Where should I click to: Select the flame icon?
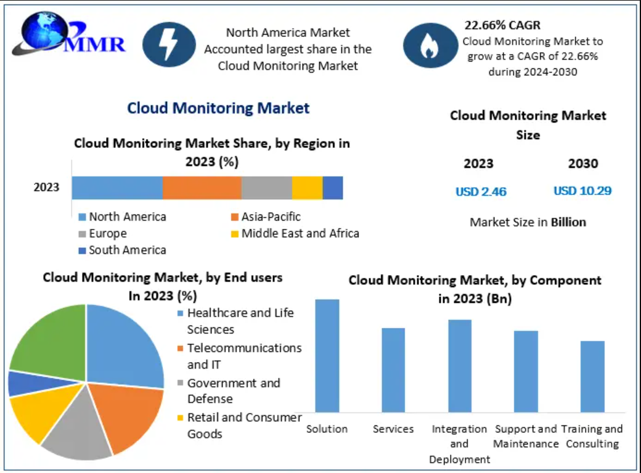(x=430, y=46)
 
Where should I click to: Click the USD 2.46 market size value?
(x=481, y=191)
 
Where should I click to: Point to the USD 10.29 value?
(x=582, y=191)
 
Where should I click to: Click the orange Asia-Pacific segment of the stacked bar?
(x=202, y=187)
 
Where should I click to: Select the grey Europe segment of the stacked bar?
(x=266, y=187)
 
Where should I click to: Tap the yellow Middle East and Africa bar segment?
(x=307, y=187)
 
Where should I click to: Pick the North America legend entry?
(x=123, y=216)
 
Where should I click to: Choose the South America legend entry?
(x=123, y=250)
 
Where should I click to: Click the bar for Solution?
(x=327, y=356)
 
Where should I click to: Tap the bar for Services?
(x=393, y=370)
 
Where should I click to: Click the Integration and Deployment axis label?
(x=459, y=444)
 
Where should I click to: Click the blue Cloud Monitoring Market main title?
(x=218, y=109)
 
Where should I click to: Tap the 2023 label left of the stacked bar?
(x=47, y=187)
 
